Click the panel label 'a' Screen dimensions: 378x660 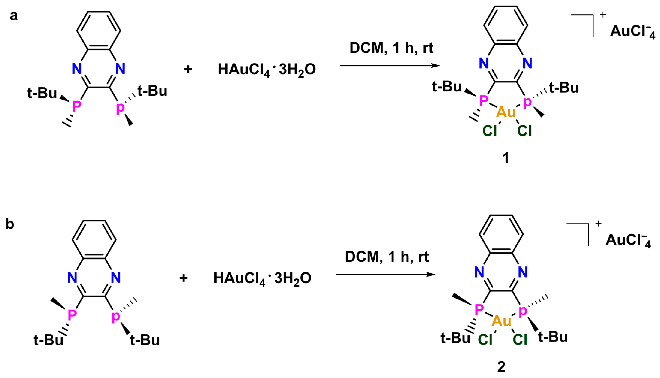click(13, 16)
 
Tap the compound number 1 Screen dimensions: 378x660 click(506, 158)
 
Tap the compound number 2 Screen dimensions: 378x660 click(501, 367)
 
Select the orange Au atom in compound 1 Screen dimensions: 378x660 click(506, 112)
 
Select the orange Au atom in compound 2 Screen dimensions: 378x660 click(501, 321)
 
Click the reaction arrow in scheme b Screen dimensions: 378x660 click(385, 274)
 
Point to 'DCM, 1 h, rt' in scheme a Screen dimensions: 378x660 click(391, 48)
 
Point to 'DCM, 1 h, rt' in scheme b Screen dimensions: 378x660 click(387, 257)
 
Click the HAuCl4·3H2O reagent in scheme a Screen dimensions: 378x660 click(267, 70)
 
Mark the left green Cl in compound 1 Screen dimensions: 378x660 click(490, 131)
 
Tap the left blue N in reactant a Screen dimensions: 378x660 click(77, 69)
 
